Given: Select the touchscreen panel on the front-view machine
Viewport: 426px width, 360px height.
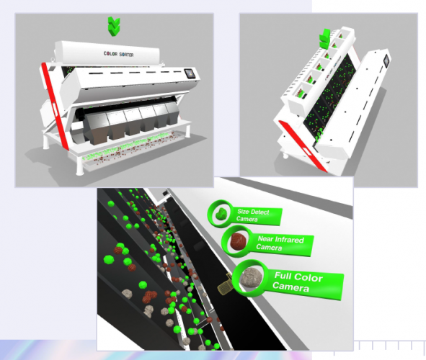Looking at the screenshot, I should coord(190,73).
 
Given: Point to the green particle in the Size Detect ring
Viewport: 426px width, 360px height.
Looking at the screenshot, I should coord(218,213).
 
